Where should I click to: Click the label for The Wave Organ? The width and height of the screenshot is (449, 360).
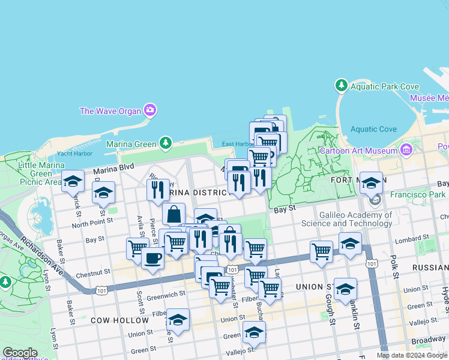click(x=110, y=111)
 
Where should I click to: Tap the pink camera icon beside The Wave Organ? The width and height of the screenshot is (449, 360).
click(x=150, y=110)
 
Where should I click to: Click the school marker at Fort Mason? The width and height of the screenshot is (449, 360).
click(x=371, y=182)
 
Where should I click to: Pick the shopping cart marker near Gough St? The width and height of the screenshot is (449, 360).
click(x=321, y=251)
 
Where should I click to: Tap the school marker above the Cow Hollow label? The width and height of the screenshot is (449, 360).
click(x=178, y=320)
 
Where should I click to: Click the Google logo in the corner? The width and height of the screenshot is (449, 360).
click(x=20, y=353)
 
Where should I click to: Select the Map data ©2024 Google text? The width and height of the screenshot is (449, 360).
click(x=412, y=355)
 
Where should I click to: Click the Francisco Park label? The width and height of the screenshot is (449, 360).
click(x=416, y=194)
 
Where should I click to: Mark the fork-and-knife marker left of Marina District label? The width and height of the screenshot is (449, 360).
click(x=157, y=190)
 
